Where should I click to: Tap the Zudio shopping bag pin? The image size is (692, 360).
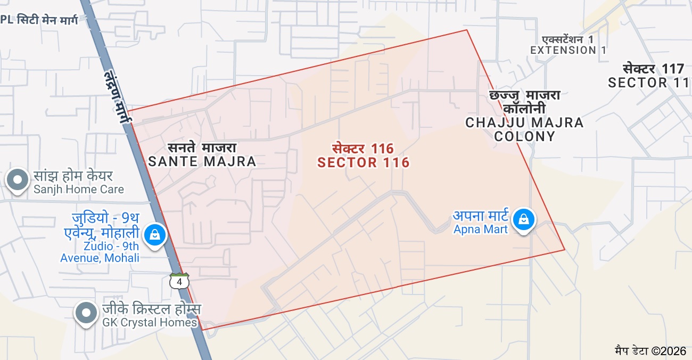pyautogui.click(x=155, y=234)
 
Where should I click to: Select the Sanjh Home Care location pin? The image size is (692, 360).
pyautogui.click(x=18, y=180)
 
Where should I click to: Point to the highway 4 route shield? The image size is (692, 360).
pyautogui.click(x=180, y=281)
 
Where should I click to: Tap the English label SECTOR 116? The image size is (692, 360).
pyautogui.click(x=364, y=163)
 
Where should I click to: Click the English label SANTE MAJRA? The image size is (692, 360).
pyautogui.click(x=202, y=161)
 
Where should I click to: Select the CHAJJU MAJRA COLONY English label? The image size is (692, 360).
pyautogui.click(x=524, y=129)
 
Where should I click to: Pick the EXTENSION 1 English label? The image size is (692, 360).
pyautogui.click(x=568, y=50)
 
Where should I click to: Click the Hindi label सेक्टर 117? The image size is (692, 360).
pyautogui.click(x=653, y=69)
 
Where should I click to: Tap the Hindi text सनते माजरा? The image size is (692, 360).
pyautogui.click(x=202, y=148)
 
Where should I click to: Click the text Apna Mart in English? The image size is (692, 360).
pyautogui.click(x=481, y=230)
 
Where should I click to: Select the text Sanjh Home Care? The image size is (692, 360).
pyautogui.click(x=79, y=190)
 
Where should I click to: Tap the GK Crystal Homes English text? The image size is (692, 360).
pyautogui.click(x=150, y=322)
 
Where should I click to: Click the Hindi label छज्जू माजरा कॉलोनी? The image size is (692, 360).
pyautogui.click(x=524, y=102)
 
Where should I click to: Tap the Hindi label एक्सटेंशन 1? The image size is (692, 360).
pyautogui.click(x=567, y=39)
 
